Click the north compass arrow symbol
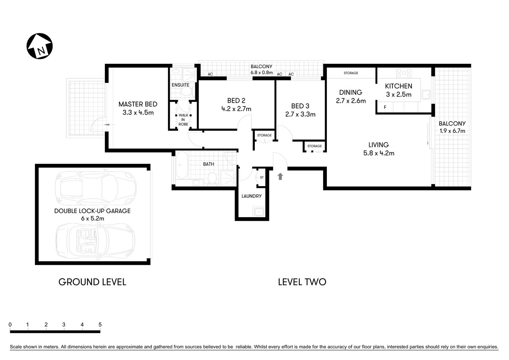(x=40, y=46)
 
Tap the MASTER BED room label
(x=138, y=104)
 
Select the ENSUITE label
(x=180, y=85)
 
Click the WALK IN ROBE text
(x=183, y=120)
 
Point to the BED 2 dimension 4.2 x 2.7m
(x=236, y=109)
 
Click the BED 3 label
(x=300, y=106)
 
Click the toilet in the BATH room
(x=212, y=178)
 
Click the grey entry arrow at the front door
(x=280, y=176)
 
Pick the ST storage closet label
(x=262, y=177)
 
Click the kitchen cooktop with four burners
(x=404, y=72)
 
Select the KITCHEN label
(x=398, y=86)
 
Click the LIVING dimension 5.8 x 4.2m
(x=379, y=153)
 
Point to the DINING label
(x=350, y=92)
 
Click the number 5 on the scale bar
(x=100, y=325)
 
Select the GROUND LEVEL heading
(x=92, y=282)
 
